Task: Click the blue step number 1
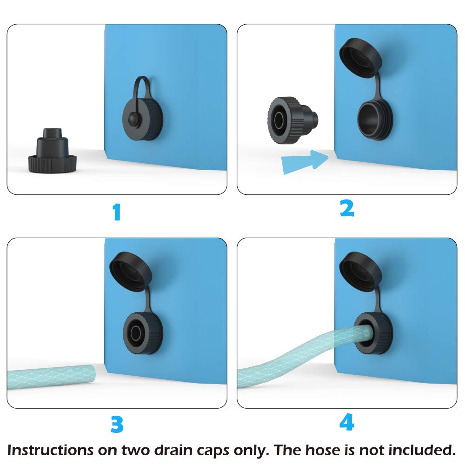click(117, 212)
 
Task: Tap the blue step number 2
click(347, 208)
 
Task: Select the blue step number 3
click(117, 424)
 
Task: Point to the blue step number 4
click(347, 422)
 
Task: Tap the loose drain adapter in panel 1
click(53, 151)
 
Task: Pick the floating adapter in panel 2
click(292, 120)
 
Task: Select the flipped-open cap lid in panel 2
click(361, 58)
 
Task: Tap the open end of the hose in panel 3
click(92, 374)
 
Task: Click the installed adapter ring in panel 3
click(143, 333)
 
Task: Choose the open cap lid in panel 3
click(131, 272)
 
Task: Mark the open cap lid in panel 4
click(361, 272)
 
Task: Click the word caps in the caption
click(213, 451)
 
